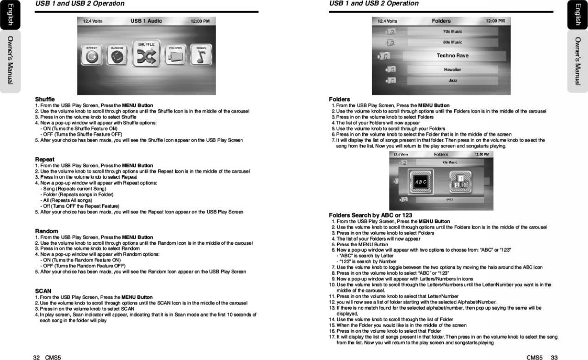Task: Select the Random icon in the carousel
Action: point(117,57)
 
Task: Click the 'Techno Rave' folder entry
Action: point(452,56)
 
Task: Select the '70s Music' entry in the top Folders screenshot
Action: point(452,31)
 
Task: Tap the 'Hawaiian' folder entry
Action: point(452,69)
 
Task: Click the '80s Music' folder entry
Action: point(452,42)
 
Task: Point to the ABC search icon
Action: point(421,181)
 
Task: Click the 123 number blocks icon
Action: point(460,181)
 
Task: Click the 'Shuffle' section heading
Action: point(45,99)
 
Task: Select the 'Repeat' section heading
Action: point(45,159)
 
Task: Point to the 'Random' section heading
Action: point(47,231)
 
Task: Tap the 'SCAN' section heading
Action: point(43,291)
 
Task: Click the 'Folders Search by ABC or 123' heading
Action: point(370,215)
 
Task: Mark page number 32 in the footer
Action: point(36,357)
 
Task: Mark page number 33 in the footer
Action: point(554,357)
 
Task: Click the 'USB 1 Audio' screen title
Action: point(146,21)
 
